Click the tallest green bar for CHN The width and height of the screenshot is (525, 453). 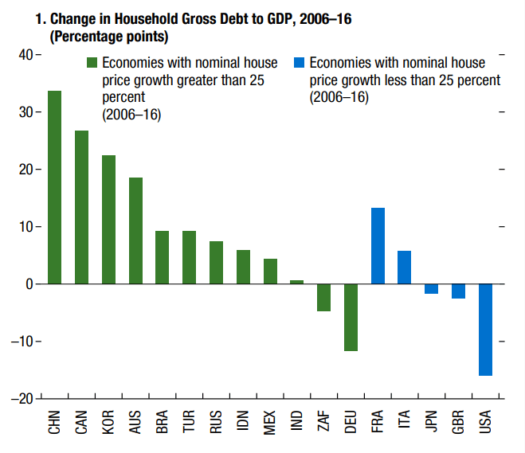(54, 187)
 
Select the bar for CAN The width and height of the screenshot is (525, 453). (81, 207)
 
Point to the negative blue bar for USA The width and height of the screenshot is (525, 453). (485, 330)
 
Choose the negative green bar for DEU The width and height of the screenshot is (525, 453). (351, 317)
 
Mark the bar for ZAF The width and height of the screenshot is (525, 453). (323, 297)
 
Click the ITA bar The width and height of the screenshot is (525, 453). (405, 268)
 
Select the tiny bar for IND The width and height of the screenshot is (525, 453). (296, 282)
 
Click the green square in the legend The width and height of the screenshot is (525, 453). (92, 62)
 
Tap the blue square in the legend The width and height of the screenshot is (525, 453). (300, 62)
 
